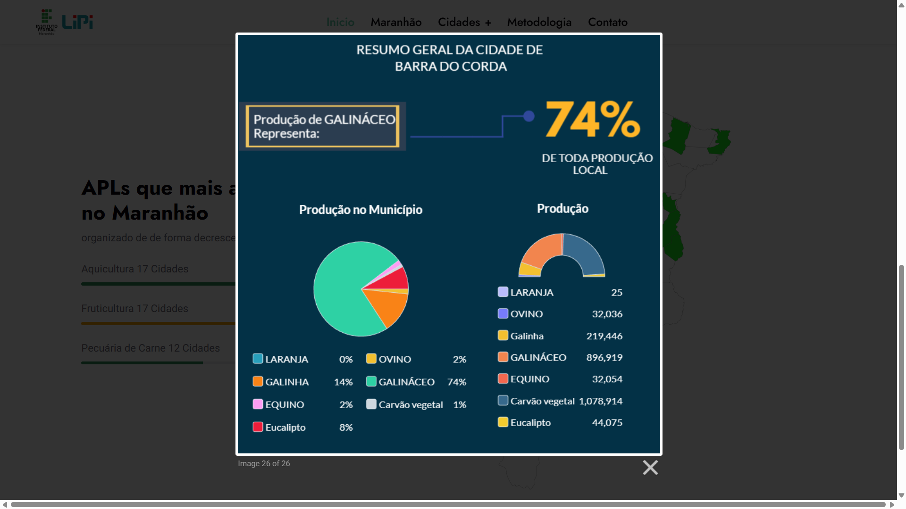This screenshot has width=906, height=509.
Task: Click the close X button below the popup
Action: coord(650,468)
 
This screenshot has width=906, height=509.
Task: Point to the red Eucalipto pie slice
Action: coord(396,279)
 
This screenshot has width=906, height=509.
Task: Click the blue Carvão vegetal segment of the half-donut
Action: coord(585,252)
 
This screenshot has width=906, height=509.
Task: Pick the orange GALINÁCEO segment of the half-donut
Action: coord(540,252)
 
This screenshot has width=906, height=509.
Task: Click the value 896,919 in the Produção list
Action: coord(604,358)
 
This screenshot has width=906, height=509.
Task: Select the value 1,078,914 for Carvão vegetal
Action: coord(600,401)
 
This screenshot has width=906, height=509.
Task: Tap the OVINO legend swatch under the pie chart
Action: coord(371,359)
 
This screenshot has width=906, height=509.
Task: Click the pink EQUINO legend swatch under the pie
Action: coord(258,404)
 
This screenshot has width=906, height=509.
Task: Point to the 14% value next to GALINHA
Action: coord(343,382)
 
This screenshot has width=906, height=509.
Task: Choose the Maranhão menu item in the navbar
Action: coord(396,22)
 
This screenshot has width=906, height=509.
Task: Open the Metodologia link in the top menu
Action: coord(539,22)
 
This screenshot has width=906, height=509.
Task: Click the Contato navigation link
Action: coord(607,22)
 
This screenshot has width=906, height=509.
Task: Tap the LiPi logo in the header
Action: coord(77,22)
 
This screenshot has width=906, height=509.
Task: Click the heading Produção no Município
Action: coord(361,210)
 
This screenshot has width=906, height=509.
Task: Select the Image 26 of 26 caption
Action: coord(264,464)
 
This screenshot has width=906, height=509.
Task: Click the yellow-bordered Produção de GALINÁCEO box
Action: coord(323,126)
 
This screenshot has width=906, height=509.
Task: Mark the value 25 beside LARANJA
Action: coord(616,293)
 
